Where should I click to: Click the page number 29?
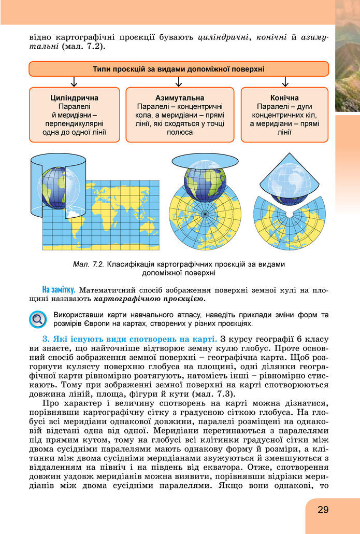[323, 510]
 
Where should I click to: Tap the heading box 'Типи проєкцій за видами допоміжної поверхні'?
[179, 69]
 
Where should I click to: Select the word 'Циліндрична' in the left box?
[75, 97]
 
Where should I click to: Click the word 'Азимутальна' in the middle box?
[179, 97]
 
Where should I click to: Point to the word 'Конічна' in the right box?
[284, 97]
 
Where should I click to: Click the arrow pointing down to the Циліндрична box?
[75, 82]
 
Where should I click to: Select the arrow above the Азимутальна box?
[179, 82]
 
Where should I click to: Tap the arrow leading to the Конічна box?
[284, 82]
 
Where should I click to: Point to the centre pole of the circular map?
[205, 213]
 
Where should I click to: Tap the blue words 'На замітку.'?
[59, 289]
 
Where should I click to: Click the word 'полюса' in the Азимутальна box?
[180, 132]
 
